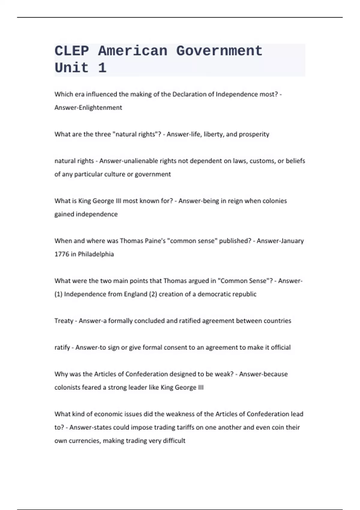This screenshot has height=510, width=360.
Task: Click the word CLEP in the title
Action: point(72,51)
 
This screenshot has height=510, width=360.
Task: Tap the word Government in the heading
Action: point(219,51)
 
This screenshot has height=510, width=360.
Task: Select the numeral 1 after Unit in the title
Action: point(102,68)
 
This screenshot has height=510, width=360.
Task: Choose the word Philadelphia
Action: point(96,254)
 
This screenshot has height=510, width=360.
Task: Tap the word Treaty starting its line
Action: point(64,321)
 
